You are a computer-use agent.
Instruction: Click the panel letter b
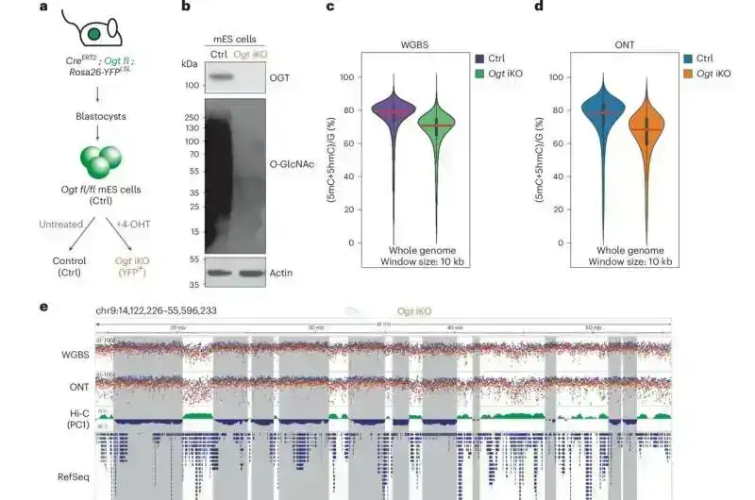(186, 8)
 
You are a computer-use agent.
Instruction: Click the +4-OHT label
(126, 225)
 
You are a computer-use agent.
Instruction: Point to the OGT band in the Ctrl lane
(221, 76)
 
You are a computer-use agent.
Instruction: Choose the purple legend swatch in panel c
(479, 58)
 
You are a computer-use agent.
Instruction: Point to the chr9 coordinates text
(157, 309)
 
